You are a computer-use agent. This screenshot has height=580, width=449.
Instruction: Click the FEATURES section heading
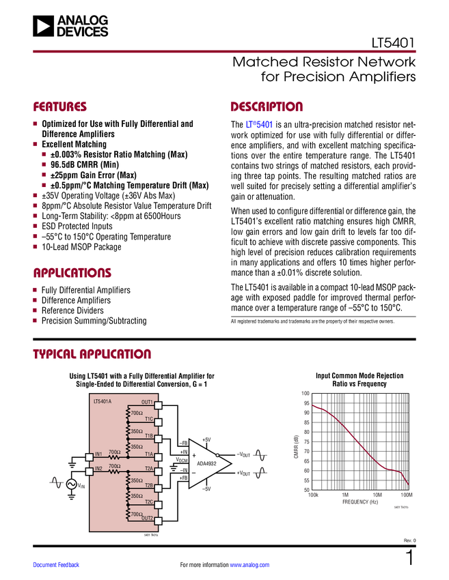[x=59, y=107]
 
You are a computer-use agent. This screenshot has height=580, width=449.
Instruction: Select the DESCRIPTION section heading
[x=267, y=107]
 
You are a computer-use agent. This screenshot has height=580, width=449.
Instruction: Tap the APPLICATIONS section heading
[x=72, y=273]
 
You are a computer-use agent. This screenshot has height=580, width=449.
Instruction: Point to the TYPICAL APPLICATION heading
[x=92, y=354]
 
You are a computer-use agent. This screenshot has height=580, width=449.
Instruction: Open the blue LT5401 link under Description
[x=258, y=126]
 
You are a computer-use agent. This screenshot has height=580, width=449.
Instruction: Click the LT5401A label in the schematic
[x=103, y=401]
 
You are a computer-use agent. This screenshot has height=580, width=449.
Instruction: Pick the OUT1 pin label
[x=147, y=402]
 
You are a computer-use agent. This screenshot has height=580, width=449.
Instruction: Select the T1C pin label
[x=149, y=418]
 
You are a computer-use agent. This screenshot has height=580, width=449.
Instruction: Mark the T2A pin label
[x=149, y=468]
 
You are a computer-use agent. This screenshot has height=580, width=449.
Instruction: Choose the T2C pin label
[x=149, y=502]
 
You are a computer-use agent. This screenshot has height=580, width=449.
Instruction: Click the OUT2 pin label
[x=147, y=518]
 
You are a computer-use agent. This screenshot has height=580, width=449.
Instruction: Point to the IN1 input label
[x=98, y=454]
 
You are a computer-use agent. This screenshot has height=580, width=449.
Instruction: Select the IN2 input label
[x=98, y=468]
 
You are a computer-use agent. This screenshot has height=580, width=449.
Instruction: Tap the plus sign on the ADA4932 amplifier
[x=194, y=455]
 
